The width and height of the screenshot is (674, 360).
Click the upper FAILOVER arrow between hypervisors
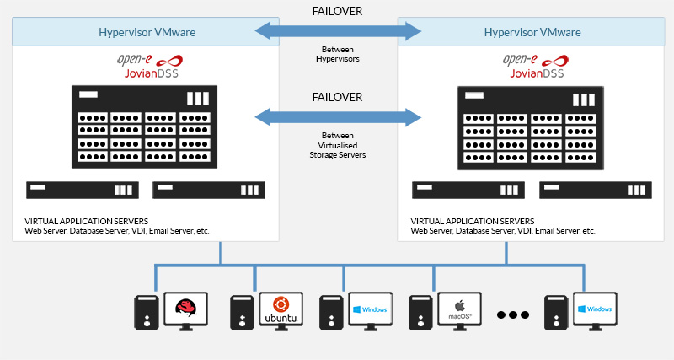coord(338,32)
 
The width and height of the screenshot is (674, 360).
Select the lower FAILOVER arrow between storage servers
coord(338,116)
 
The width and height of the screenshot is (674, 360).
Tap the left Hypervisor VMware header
coord(145,33)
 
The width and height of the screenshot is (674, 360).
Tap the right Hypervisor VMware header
coord(532,33)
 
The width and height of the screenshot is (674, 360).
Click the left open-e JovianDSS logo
coord(145,66)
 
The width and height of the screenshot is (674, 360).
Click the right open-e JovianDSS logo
coord(532,66)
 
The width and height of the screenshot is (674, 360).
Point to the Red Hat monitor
coord(186,310)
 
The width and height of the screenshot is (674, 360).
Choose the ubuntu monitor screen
coord(281,310)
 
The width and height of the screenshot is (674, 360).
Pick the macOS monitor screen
coord(458,310)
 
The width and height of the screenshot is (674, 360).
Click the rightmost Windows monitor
coord(595,310)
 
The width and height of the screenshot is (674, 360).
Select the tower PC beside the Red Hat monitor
coord(147,313)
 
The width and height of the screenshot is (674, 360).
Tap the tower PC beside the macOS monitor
coord(420,313)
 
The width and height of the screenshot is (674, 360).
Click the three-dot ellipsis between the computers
coord(512,315)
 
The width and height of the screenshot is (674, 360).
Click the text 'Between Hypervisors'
coord(338,55)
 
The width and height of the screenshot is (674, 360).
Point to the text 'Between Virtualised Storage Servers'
coord(338,145)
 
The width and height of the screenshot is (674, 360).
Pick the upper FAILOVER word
coord(338,10)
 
